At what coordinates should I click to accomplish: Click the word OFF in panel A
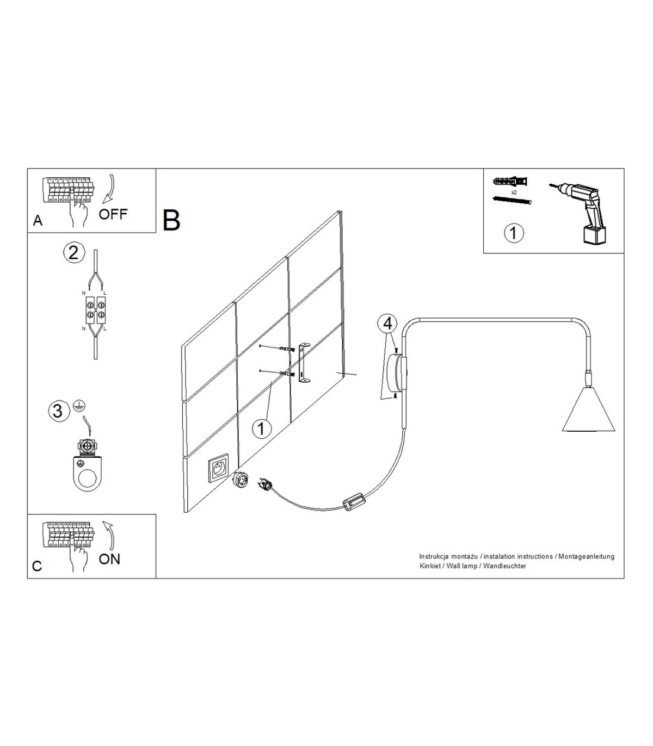tap(113, 214)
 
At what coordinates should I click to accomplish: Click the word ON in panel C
tap(109, 559)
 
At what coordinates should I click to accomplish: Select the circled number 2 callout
tap(73, 253)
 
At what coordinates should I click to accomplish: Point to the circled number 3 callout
tap(58, 411)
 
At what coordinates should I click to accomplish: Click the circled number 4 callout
tap(388, 324)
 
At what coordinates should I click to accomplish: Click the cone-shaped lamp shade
tap(588, 409)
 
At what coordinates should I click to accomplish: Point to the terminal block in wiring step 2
tap(96, 309)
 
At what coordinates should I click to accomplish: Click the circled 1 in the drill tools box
tap(514, 233)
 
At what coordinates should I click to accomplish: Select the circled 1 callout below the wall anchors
tap(262, 429)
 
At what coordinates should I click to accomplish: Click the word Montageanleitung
tap(587, 557)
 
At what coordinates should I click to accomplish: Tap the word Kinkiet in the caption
tap(430, 566)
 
